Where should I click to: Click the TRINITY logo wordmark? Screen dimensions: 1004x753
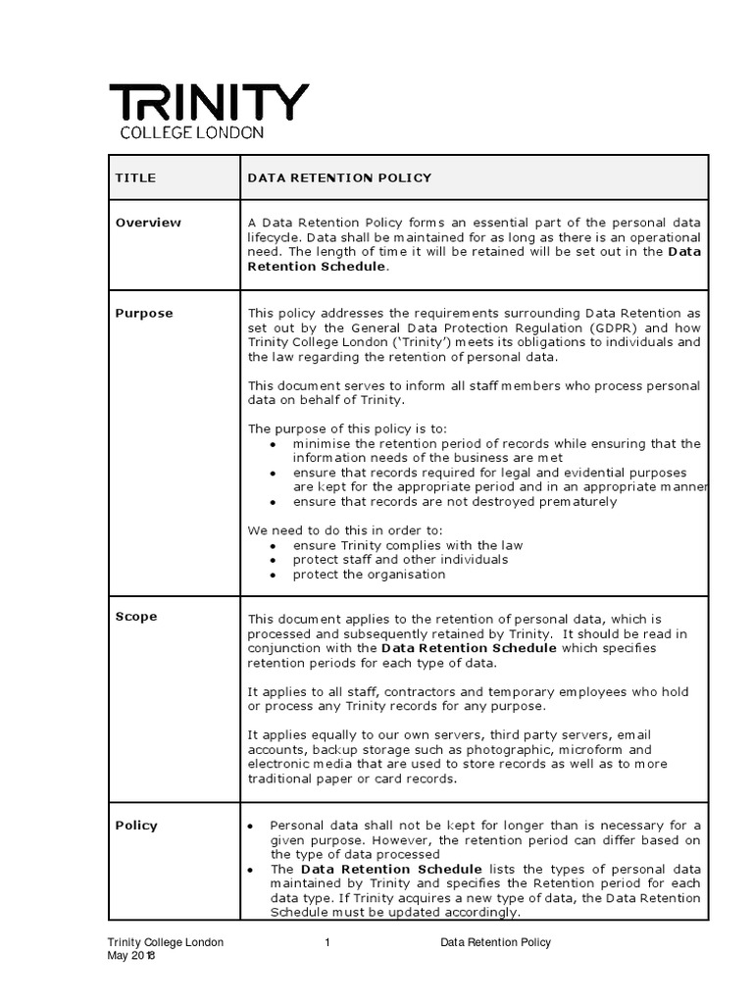[208, 102]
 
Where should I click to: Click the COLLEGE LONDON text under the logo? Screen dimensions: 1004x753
[191, 132]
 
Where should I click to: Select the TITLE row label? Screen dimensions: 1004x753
[135, 177]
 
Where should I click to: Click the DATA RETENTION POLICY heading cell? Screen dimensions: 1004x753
[339, 177]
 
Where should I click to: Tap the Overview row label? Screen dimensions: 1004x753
[148, 223]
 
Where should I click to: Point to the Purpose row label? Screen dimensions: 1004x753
[144, 314]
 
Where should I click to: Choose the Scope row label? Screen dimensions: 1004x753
[136, 617]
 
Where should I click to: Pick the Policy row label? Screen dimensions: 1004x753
[136, 826]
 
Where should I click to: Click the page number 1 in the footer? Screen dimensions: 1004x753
[326, 942]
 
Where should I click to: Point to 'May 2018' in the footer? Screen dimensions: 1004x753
[131, 957]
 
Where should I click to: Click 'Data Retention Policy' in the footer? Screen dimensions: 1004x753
[495, 942]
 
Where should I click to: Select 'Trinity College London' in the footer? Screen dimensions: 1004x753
[165, 942]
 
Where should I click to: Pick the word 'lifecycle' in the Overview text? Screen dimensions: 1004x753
[277, 237]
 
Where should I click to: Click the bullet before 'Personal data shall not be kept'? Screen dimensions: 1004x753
[253, 827]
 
